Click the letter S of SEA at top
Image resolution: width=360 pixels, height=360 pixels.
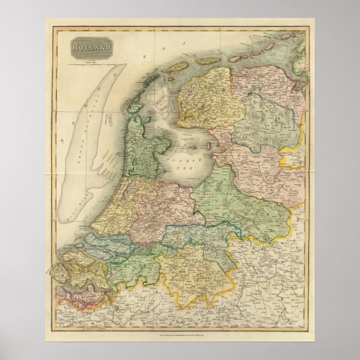[x=144, y=56]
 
